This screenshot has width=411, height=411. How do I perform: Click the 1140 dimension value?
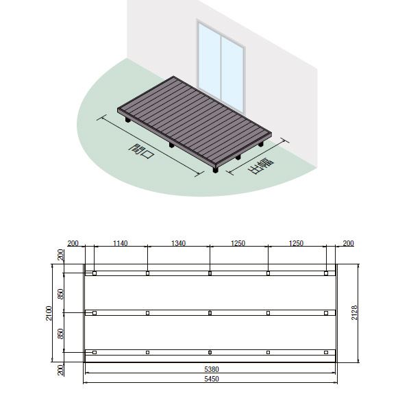121,243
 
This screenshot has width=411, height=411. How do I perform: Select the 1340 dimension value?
179,243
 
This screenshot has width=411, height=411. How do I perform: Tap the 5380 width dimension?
212,369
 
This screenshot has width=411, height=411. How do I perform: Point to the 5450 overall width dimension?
212,379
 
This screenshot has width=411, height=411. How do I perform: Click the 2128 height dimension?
354,312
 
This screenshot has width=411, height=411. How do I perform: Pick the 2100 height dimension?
49,313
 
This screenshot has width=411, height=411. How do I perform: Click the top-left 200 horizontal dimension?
73,243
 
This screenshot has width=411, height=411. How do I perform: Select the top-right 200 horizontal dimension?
349,243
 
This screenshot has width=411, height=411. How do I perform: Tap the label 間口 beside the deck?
142,151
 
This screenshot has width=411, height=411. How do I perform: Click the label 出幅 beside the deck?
260,166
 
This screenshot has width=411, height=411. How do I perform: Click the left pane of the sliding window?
210,62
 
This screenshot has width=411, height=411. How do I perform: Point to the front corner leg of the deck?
216,170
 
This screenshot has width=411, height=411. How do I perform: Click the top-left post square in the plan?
95,273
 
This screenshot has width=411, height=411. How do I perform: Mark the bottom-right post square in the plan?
326,353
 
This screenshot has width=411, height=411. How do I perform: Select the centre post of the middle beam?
210,313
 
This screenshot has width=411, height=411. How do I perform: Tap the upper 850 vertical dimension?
61,294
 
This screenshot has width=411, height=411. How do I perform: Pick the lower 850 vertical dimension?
61,334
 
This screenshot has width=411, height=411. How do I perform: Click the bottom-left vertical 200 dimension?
61,370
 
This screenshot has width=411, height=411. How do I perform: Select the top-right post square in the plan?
326,273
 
